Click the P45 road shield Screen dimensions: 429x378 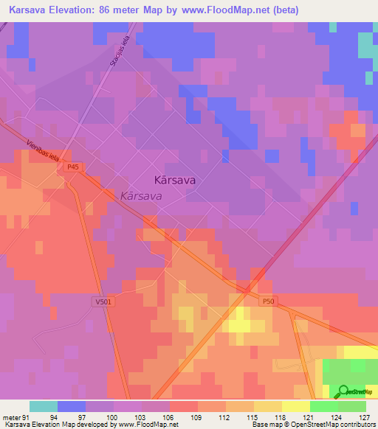pos(72,167)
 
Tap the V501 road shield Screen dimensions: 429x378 pos(102,301)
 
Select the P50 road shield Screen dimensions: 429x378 pos(267,301)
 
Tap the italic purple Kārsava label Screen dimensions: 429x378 pos(141,196)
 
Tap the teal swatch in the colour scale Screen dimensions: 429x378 pos(43,406)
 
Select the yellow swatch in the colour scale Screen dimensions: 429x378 pos(296,406)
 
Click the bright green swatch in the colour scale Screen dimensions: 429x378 pos(324,406)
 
